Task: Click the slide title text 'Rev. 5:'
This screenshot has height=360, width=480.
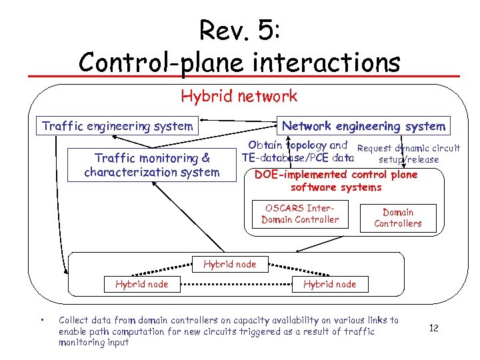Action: [x=239, y=31]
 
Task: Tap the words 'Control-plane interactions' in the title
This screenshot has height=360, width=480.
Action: [x=239, y=62]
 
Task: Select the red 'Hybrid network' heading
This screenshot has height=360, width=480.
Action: [x=239, y=96]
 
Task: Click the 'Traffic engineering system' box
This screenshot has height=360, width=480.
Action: [x=117, y=126]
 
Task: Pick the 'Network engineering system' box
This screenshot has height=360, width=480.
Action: [x=363, y=126]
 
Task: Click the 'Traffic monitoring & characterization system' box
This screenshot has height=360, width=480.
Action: [x=152, y=165]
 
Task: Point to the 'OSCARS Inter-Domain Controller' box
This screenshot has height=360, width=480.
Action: [x=300, y=213]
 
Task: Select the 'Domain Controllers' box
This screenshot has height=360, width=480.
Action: [x=398, y=218]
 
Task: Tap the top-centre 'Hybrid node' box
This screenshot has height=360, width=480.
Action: [x=229, y=264]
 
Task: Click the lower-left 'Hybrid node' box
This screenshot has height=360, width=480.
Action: [x=141, y=284]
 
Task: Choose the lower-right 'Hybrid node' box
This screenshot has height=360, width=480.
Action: [x=329, y=284]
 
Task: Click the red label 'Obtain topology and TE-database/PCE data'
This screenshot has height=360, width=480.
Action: [x=297, y=152]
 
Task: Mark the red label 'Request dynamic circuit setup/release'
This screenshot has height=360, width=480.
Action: [x=409, y=153]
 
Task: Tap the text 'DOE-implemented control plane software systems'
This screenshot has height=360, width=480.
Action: [x=336, y=181]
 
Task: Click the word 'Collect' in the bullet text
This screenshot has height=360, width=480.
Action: [x=75, y=321]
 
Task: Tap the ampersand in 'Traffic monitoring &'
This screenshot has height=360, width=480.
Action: [x=205, y=159]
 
